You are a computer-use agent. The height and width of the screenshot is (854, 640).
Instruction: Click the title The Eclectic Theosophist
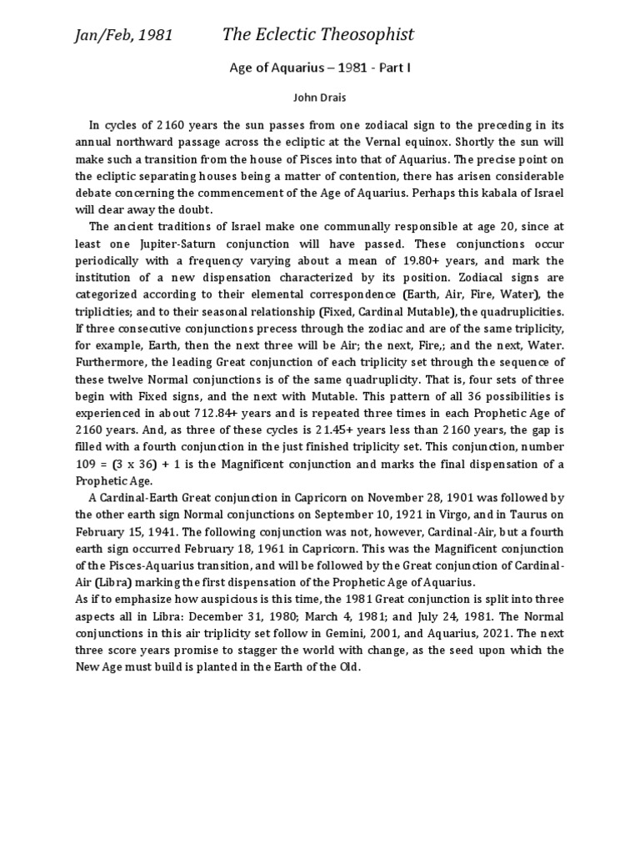click(317, 34)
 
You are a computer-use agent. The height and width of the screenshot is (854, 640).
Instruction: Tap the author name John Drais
click(320, 98)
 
